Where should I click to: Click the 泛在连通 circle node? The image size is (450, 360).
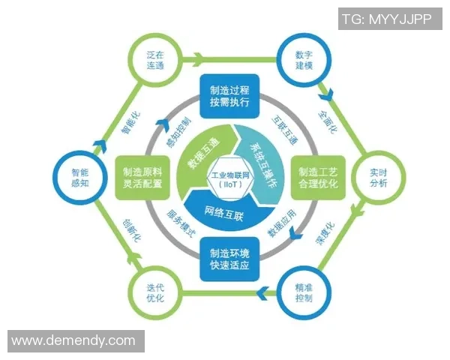pos(155,60)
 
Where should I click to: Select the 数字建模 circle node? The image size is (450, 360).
pos(304,60)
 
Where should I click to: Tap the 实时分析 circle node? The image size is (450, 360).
pos(378,178)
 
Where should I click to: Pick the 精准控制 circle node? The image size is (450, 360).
pos(304,293)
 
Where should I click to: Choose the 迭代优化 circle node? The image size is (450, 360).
pos(155,293)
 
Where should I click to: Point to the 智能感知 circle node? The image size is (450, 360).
pos(80,178)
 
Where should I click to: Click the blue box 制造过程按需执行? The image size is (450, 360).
pos(229,96)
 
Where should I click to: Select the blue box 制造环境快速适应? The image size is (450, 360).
pos(229,259)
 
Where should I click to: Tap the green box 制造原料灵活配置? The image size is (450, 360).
pos(142,178)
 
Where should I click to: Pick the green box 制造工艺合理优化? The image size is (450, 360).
pos(318,178)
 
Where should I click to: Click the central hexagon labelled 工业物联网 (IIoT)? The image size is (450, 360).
pos(230,180)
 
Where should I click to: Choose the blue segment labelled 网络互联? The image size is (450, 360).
pos(226,211)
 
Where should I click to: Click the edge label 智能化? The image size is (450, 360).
pos(130,123)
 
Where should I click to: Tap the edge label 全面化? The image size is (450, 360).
pos(328,122)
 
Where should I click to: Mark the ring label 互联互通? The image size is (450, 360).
pos(285,130)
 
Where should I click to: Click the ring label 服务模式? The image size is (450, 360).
pos(181,223)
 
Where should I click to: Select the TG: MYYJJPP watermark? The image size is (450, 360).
pos(390,19)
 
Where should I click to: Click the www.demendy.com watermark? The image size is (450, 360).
pos(76,341)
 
